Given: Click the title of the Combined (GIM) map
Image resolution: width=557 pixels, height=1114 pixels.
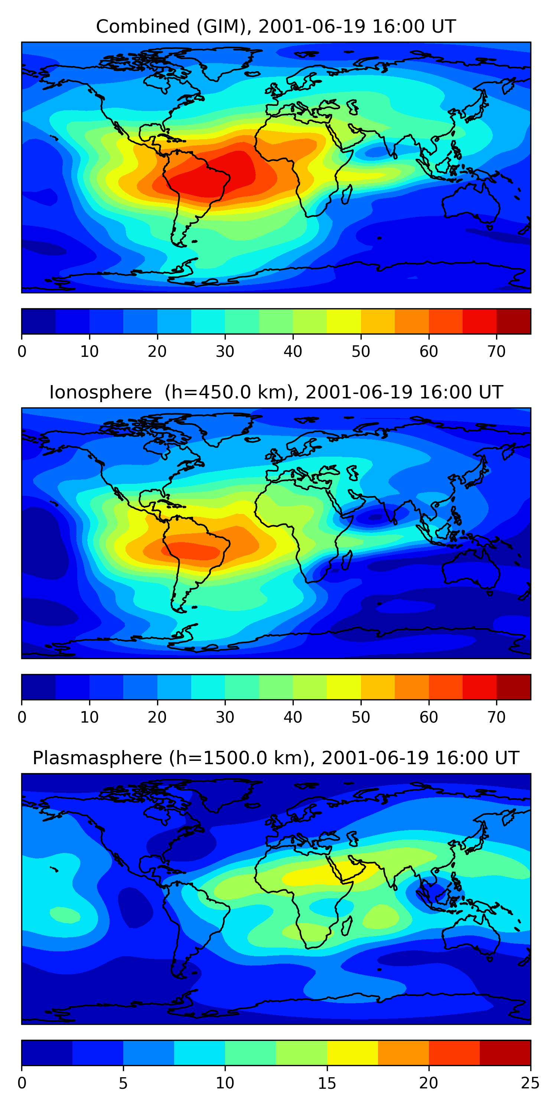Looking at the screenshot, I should coord(276,27).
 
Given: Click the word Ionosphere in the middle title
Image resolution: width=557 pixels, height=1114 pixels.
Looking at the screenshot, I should coord(100,392).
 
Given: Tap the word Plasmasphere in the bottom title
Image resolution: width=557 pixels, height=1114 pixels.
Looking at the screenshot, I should coord(97,758).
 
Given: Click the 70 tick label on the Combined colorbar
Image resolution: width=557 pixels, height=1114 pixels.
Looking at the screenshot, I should coord(496,352).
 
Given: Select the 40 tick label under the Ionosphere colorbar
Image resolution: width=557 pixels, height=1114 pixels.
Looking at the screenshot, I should coord(293,717).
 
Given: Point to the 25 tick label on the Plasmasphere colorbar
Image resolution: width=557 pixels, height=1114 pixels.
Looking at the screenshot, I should coord(530,1083).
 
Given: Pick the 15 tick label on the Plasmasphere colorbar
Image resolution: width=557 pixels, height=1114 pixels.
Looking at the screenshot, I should coord(327,1083).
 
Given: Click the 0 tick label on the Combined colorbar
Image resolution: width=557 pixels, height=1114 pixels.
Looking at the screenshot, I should coord(22,352).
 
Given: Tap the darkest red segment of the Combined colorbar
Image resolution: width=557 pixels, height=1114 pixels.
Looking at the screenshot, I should coord(513,321).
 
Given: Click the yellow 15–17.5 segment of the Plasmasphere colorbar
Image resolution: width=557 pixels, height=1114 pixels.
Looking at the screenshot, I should coord(352,1053).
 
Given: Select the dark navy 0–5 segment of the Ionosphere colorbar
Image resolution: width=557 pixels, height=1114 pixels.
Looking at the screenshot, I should coord(39,687).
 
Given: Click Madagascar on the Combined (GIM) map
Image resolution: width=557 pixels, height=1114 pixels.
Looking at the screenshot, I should coord(347,195).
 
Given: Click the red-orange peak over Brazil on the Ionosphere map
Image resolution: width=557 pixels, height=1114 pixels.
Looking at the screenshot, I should coord(195,550).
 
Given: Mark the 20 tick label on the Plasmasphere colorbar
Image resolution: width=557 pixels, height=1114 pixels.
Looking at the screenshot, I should coord(429,1083).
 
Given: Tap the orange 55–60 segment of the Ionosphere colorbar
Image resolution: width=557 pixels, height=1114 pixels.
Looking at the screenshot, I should coord(412,687).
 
